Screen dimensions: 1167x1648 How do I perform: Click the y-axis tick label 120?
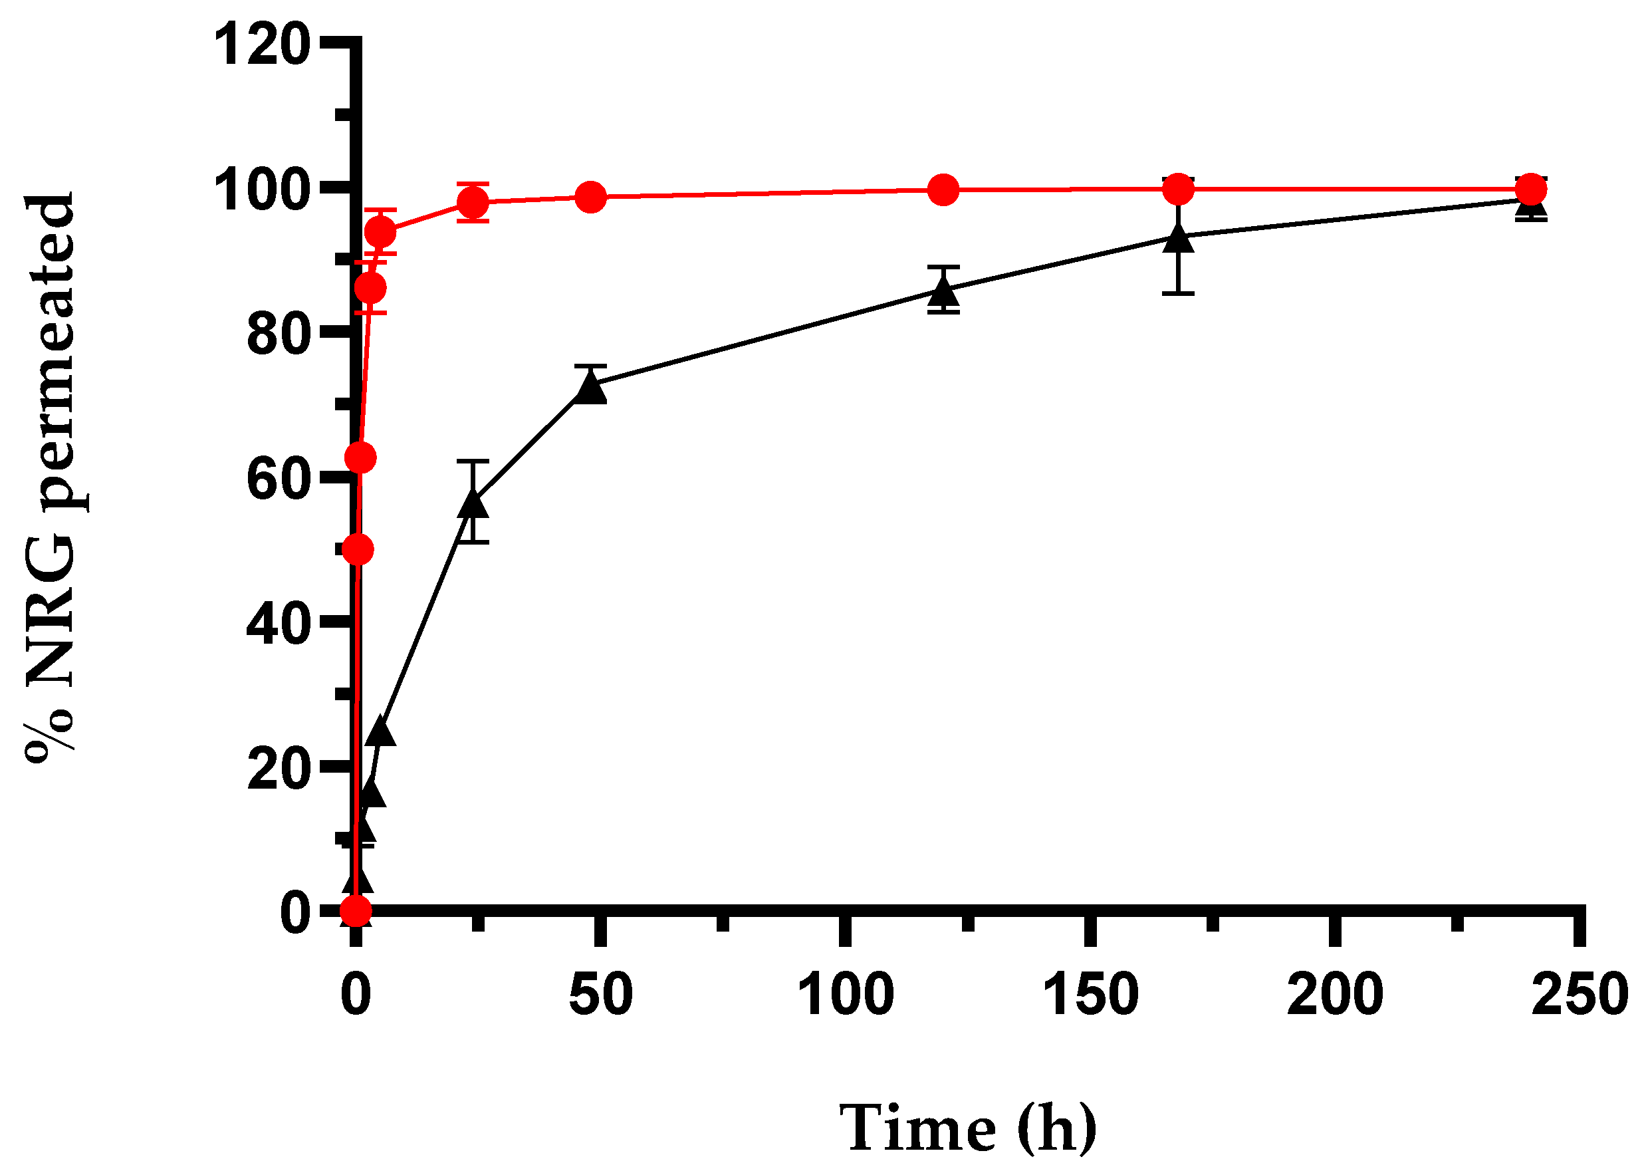262,45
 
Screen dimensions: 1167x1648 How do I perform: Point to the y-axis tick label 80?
279,334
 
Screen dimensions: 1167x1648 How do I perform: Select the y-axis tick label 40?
279,624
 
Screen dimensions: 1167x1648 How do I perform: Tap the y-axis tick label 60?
279,479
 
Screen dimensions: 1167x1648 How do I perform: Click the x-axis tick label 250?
1579,995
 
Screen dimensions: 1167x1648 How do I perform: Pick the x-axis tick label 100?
846,995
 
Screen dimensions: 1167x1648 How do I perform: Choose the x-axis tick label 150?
1090,995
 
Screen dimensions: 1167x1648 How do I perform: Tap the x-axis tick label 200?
1335,995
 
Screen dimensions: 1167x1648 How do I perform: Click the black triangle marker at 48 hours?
591,388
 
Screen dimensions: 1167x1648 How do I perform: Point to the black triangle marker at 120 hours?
943,291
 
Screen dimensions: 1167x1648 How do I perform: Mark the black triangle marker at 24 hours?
473,503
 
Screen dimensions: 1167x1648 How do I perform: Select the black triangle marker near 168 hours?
1178,238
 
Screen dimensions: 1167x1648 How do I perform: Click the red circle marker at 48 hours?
591,197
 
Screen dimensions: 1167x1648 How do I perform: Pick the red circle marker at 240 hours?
1530,190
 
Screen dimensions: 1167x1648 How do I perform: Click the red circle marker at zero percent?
356,911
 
